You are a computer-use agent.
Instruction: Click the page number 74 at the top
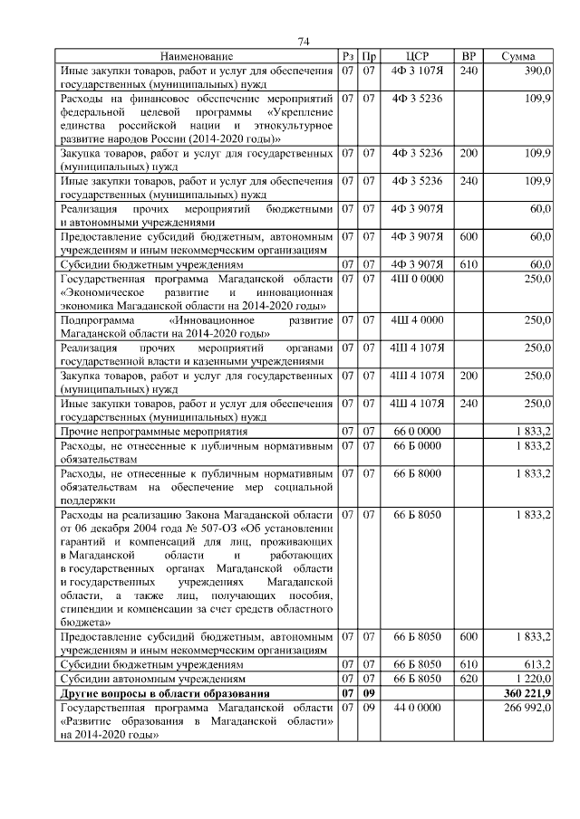pos(304,42)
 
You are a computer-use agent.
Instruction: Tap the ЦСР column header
pos(417,56)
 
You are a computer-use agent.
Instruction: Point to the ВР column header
pos(469,56)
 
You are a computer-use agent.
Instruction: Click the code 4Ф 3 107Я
pos(417,70)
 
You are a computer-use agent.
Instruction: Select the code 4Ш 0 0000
pos(417,279)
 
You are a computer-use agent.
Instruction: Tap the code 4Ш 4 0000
pos(417,319)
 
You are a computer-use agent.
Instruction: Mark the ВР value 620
pos(469,678)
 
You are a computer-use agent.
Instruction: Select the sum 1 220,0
pos(532,678)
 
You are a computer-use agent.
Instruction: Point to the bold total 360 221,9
pos(528,692)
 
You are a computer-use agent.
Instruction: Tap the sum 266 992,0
pos(528,706)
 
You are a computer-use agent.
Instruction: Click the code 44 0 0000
pos(417,706)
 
